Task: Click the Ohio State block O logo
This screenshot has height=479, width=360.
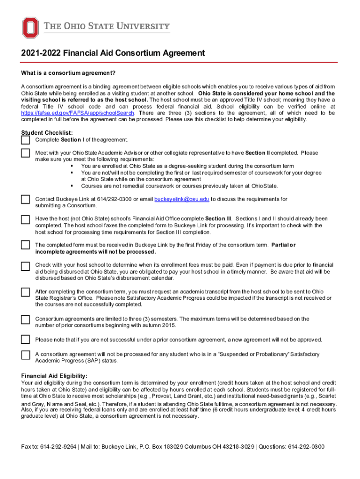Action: (30, 28)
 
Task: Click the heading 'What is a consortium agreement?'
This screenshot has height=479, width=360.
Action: (68, 73)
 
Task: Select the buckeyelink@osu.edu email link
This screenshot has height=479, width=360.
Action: (181, 199)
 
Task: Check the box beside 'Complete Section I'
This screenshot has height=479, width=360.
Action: (25, 140)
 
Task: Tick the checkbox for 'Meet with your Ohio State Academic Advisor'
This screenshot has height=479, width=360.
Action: (25, 153)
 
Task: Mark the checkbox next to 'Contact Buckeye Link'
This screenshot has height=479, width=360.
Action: (25, 200)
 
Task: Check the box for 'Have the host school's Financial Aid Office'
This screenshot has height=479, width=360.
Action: (25, 219)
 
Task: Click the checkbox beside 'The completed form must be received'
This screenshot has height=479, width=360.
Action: (25, 245)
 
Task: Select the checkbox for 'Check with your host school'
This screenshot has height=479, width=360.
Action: (25, 266)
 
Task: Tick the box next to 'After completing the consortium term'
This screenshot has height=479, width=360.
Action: (25, 292)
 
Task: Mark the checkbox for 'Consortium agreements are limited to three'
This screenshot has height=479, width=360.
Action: (25, 319)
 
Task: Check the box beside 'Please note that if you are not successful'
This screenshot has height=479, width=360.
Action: (25, 339)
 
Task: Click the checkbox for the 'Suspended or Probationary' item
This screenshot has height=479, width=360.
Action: (25, 355)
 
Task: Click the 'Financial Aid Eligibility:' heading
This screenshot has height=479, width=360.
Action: (54, 376)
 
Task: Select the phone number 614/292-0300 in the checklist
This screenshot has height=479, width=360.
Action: (109, 199)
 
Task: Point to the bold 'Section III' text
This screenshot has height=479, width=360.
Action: (218, 218)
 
